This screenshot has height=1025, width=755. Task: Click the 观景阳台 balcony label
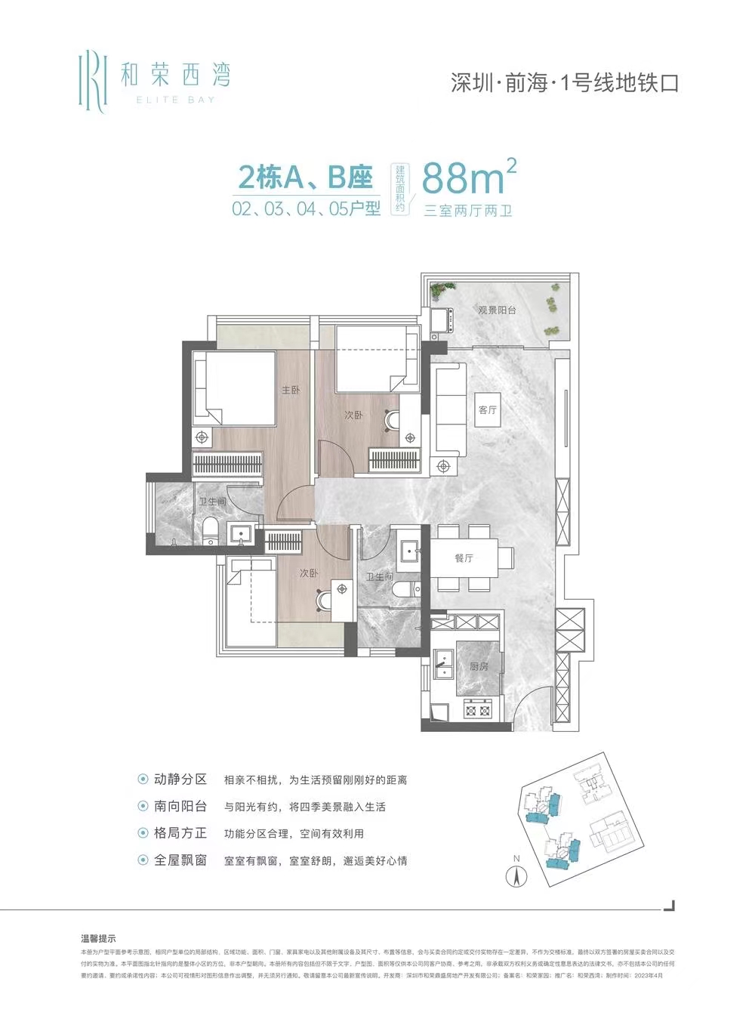pyautogui.click(x=497, y=310)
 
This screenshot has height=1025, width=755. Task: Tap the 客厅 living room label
pyautogui.click(x=488, y=409)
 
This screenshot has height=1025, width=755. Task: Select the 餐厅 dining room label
pyautogui.click(x=464, y=558)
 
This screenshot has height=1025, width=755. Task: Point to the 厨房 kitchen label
pyautogui.click(x=479, y=666)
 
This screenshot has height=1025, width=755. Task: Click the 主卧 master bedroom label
pyautogui.click(x=291, y=390)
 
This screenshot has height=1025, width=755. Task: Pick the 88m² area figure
pyautogui.click(x=468, y=178)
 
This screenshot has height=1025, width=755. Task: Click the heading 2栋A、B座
pyautogui.click(x=306, y=178)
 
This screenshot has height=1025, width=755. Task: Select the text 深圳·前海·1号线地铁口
pyautogui.click(x=565, y=83)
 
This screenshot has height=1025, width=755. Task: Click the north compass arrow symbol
pyautogui.click(x=516, y=878)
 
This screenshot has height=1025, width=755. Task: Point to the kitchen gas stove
pyautogui.click(x=477, y=709)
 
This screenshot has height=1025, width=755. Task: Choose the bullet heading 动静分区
pyautogui.click(x=180, y=780)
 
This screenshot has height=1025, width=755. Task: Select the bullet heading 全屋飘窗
pyautogui.click(x=180, y=860)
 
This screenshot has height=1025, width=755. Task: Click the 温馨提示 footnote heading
pyautogui.click(x=98, y=939)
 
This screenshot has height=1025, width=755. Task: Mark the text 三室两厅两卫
pyautogui.click(x=468, y=211)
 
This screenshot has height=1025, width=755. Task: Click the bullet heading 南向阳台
pyautogui.click(x=180, y=807)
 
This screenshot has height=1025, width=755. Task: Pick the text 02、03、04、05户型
pyautogui.click(x=306, y=208)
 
